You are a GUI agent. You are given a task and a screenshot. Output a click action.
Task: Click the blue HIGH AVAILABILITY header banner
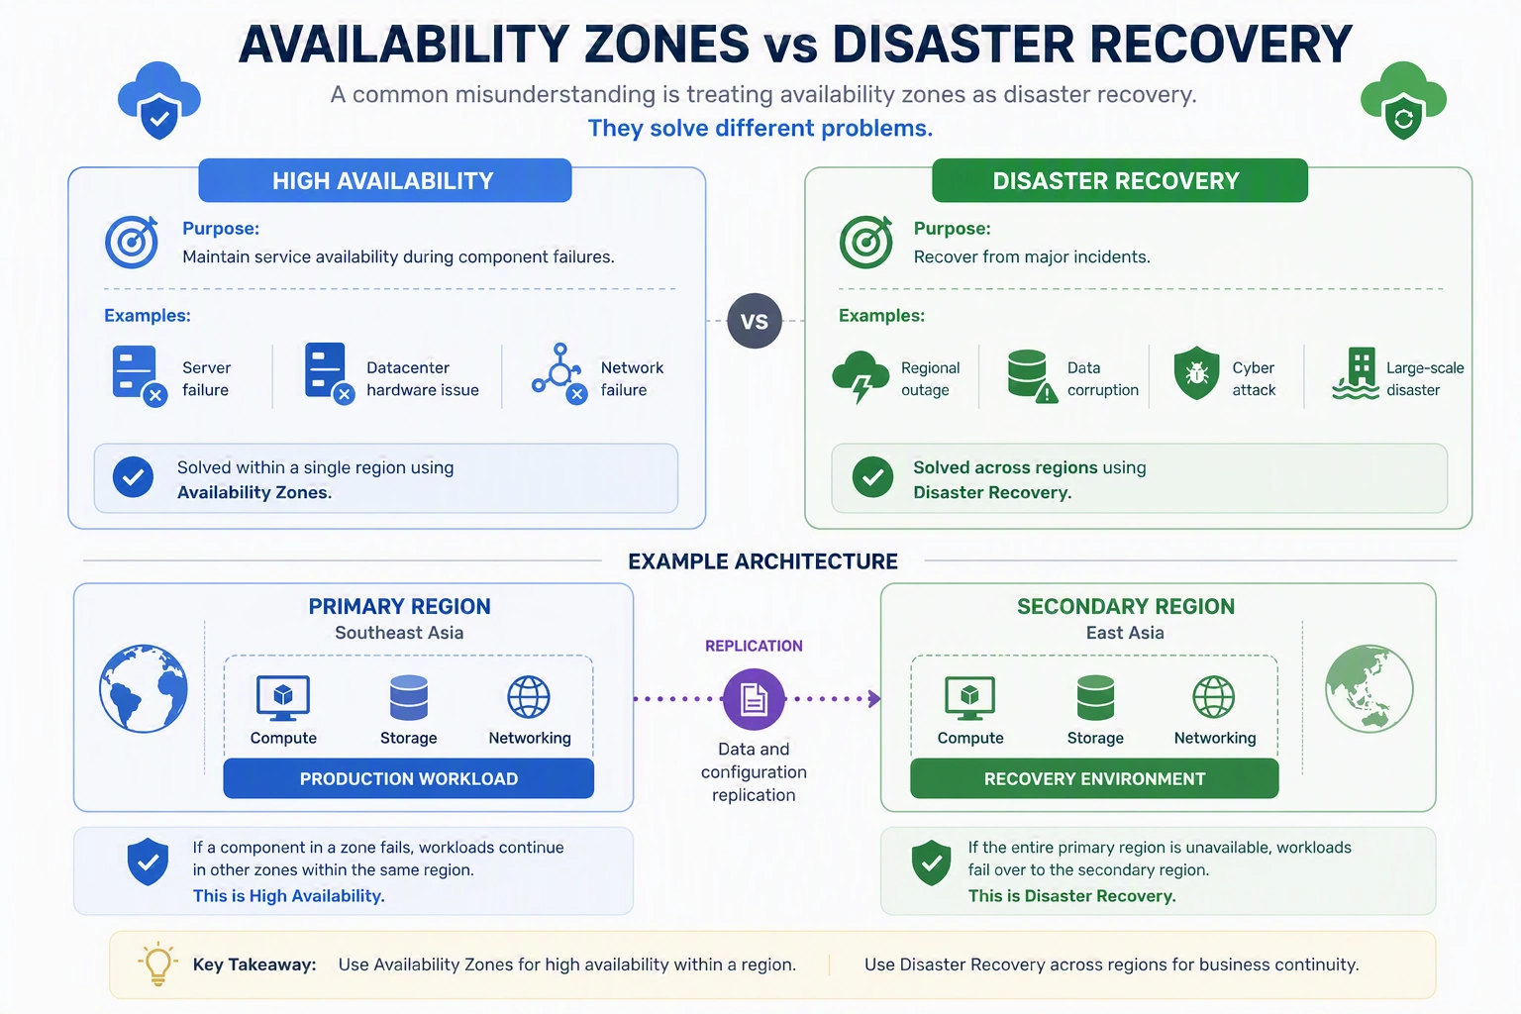pyautogui.click(x=385, y=180)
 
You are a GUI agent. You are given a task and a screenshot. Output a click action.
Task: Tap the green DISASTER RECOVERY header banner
pyautogui.click(x=1120, y=180)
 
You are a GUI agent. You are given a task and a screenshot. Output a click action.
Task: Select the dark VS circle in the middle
pyautogui.click(x=755, y=321)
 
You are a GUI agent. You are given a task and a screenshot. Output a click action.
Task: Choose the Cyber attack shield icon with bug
pyautogui.click(x=1196, y=373)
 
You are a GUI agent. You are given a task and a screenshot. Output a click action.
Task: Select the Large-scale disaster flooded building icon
pyautogui.click(x=1356, y=373)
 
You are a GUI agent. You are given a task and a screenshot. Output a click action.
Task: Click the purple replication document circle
pyautogui.click(x=754, y=699)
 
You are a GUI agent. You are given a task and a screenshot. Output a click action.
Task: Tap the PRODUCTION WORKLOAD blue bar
pyautogui.click(x=409, y=778)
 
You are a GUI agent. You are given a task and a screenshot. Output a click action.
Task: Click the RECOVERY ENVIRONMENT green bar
pyautogui.click(x=1094, y=778)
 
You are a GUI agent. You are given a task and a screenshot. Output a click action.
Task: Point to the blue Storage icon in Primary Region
pyautogui.click(x=409, y=697)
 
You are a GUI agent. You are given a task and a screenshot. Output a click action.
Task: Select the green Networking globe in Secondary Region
pyautogui.click(x=1214, y=697)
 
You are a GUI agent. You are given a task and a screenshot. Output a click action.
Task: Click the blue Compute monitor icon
pyautogui.click(x=283, y=697)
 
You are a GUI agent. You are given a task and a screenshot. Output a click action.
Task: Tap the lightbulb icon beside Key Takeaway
pyautogui.click(x=157, y=963)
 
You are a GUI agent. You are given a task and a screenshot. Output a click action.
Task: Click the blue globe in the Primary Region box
pyautogui.click(x=144, y=688)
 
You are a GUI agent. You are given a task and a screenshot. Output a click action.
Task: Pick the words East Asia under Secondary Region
pyautogui.click(x=1125, y=633)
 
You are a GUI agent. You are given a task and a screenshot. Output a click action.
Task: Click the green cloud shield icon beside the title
pyautogui.click(x=1403, y=101)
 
